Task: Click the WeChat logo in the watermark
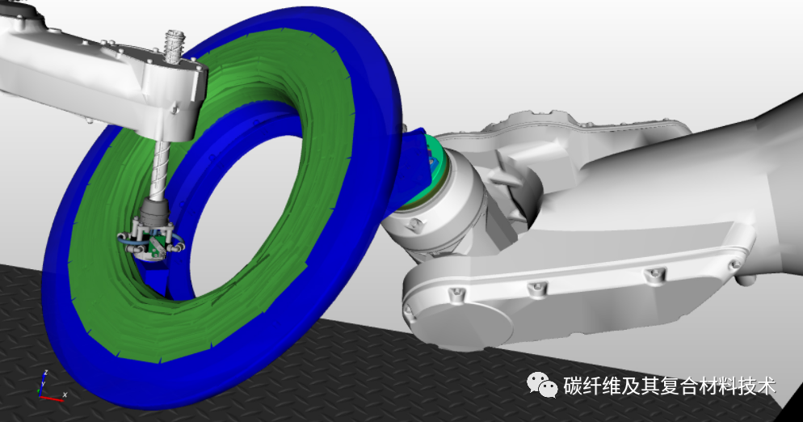click(543, 385)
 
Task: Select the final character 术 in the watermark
click(766, 386)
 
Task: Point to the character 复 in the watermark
click(670, 386)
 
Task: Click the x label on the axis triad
click(65, 395)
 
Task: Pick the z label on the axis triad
click(46, 372)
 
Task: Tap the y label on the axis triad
click(43, 383)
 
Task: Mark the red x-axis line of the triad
click(51, 398)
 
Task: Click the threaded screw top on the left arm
click(175, 47)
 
